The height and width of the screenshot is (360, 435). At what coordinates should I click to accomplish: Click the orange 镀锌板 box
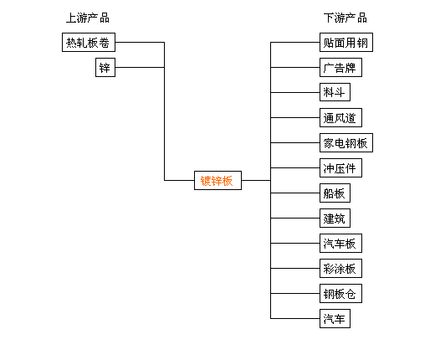click(217, 180)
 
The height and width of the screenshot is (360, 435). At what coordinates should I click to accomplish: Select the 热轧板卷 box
click(89, 42)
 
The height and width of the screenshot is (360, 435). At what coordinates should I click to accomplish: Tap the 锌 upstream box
click(105, 67)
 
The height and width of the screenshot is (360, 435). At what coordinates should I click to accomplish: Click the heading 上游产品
click(88, 18)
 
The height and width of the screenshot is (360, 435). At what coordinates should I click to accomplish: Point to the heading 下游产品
click(345, 18)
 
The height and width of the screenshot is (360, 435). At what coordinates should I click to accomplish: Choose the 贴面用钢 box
click(346, 42)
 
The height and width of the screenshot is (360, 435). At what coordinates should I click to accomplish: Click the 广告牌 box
click(340, 67)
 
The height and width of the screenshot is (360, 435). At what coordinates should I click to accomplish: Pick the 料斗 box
click(335, 92)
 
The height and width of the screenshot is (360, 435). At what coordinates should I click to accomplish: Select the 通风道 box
click(340, 117)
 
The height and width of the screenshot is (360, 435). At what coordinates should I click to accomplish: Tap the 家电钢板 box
click(346, 142)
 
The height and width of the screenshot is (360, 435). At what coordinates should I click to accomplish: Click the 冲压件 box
click(340, 167)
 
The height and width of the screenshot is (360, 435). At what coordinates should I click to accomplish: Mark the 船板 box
click(335, 193)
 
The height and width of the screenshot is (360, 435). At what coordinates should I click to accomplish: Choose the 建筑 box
click(335, 218)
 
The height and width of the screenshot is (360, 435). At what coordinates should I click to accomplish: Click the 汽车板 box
click(340, 243)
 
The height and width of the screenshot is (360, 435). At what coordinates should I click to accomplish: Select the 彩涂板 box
click(340, 268)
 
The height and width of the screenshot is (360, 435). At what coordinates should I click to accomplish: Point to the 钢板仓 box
click(340, 293)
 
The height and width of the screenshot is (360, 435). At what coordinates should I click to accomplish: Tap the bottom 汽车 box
click(335, 318)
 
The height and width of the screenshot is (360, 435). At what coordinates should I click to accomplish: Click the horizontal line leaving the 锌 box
click(140, 67)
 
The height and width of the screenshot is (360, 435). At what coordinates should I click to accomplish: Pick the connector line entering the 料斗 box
click(295, 92)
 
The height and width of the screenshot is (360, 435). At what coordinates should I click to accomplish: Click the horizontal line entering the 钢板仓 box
click(295, 293)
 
